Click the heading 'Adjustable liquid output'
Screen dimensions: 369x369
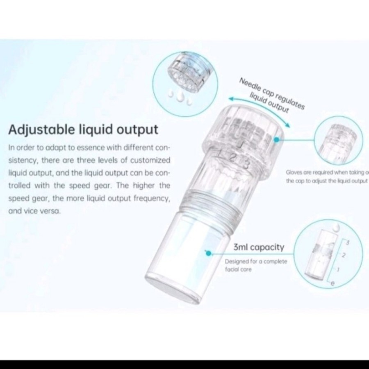tap(83, 130)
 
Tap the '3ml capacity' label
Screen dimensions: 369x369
tap(258, 247)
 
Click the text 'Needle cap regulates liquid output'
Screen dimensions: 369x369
tap(271, 95)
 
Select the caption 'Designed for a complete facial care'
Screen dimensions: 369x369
tap(255, 265)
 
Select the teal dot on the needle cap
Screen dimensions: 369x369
tap(277, 140)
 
